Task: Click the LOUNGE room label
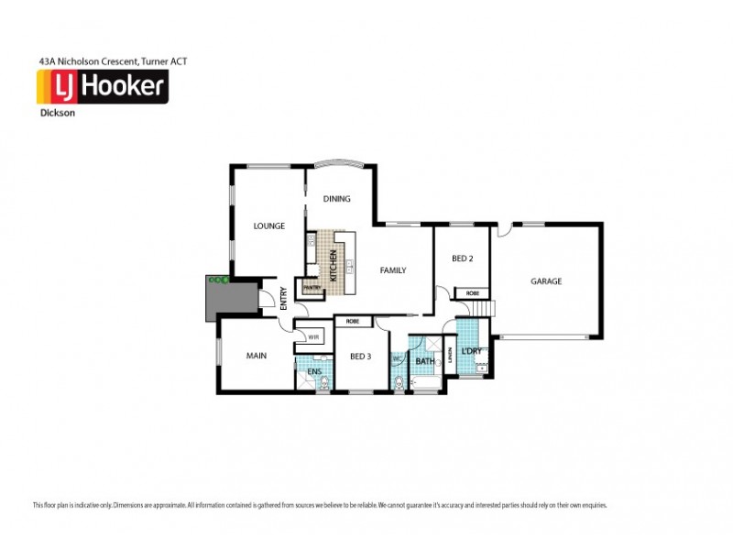click(x=269, y=225)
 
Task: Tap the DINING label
click(x=335, y=199)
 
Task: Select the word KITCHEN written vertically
click(x=334, y=265)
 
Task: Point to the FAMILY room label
click(x=393, y=270)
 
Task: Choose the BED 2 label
click(x=462, y=258)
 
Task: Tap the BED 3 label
click(x=359, y=356)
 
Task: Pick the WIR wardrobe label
click(x=312, y=336)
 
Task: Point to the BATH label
click(x=424, y=361)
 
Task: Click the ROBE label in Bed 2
click(x=472, y=293)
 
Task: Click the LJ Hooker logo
click(x=101, y=87)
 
